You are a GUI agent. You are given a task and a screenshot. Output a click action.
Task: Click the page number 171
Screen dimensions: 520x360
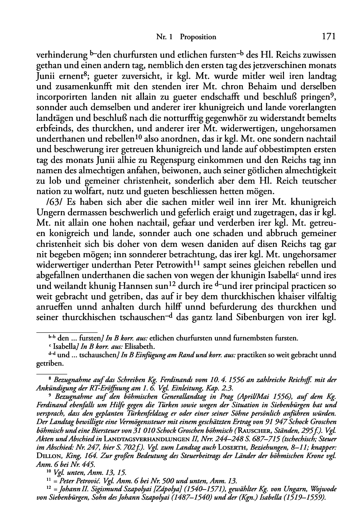pos(328,36)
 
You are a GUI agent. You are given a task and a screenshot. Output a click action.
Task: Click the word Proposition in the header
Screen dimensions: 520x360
pos(198,37)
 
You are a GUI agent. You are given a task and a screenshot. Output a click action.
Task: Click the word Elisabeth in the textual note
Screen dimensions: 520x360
pos(125,346)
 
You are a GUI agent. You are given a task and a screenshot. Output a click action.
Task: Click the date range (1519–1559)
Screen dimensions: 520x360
pos(307,498)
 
